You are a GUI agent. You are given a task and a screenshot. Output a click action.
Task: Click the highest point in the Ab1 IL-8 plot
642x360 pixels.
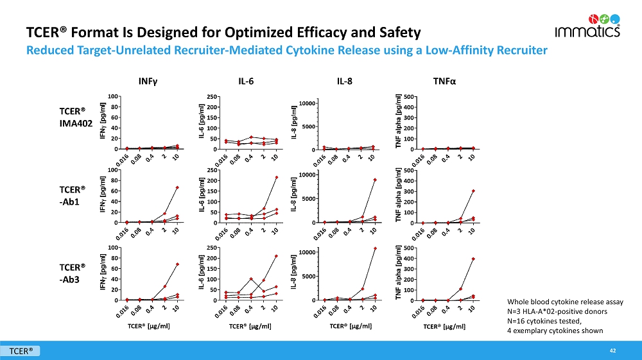click(374, 180)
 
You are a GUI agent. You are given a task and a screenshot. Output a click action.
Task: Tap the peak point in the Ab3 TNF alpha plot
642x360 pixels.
click(473, 259)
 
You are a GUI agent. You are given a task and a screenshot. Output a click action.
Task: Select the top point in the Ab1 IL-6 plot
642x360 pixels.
click(276, 177)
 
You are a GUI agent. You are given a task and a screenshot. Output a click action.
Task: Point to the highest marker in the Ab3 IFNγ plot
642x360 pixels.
click(177, 264)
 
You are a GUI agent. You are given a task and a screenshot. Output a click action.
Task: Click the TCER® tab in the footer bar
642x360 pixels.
click(21, 350)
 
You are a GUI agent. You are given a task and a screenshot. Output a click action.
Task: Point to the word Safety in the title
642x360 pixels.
click(396, 32)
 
